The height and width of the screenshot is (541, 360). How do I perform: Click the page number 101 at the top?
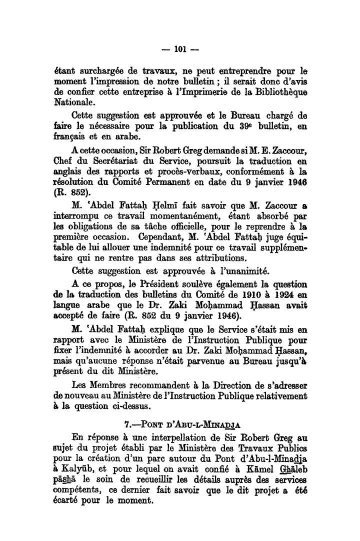[180, 49]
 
